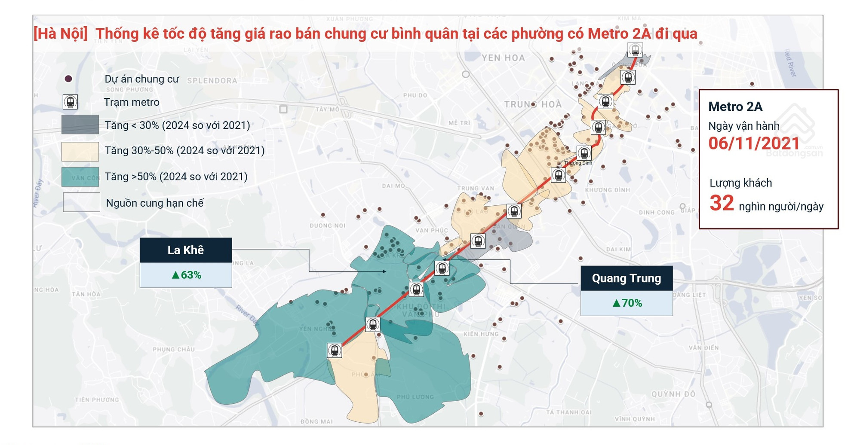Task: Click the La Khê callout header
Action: (185, 250)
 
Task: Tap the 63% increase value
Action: (187, 275)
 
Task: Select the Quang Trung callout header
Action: (627, 278)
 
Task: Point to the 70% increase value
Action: (627, 303)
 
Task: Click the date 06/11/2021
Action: (754, 143)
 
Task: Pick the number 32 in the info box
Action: (722, 203)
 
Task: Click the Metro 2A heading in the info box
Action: (735, 107)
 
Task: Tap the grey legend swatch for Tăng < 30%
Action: (80, 125)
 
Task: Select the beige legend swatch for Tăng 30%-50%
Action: (80, 151)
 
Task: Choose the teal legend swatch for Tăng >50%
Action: (80, 177)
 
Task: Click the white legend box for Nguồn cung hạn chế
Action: (81, 202)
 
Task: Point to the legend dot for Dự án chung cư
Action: (68, 79)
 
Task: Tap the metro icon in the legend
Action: (70, 102)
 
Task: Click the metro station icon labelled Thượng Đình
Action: (584, 152)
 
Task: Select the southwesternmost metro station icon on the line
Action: (335, 350)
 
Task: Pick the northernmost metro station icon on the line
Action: (635, 50)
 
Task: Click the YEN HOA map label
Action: (503, 58)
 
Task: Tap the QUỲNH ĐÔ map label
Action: (673, 394)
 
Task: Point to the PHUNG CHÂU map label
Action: (174, 349)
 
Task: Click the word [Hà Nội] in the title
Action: (61, 34)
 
